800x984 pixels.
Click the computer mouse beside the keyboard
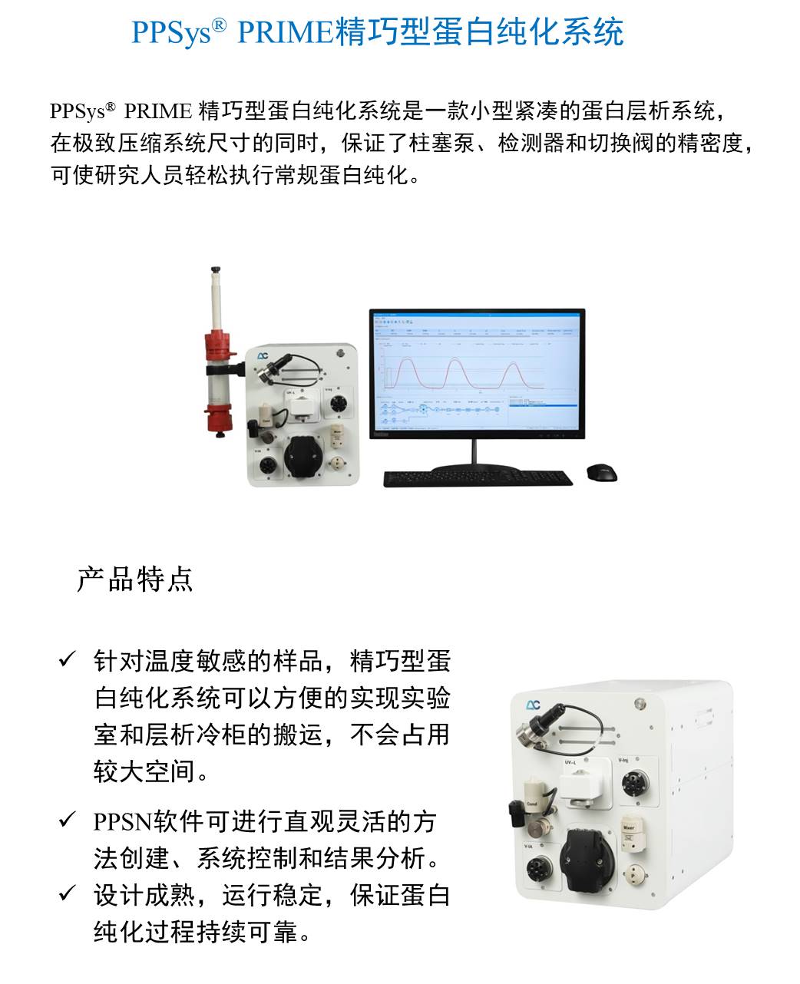point(601,473)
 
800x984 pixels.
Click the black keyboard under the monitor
point(478,478)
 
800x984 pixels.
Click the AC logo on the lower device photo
point(533,705)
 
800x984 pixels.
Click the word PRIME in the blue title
point(285,32)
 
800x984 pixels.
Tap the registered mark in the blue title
point(219,25)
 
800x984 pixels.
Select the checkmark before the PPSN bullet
point(68,820)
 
